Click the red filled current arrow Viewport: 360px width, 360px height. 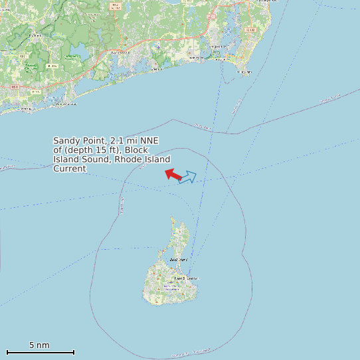(173, 174)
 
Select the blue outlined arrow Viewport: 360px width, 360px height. (188, 177)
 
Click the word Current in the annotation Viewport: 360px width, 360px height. (70, 169)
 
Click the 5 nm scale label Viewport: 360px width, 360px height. (39, 345)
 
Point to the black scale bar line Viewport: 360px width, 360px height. (40, 352)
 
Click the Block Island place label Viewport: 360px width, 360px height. (179, 259)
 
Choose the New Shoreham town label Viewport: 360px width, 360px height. (186, 278)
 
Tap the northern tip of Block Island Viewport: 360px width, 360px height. (172, 217)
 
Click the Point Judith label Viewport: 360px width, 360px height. (244, 71)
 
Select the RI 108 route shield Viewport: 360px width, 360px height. (250, 31)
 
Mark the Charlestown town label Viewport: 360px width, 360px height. (120, 52)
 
